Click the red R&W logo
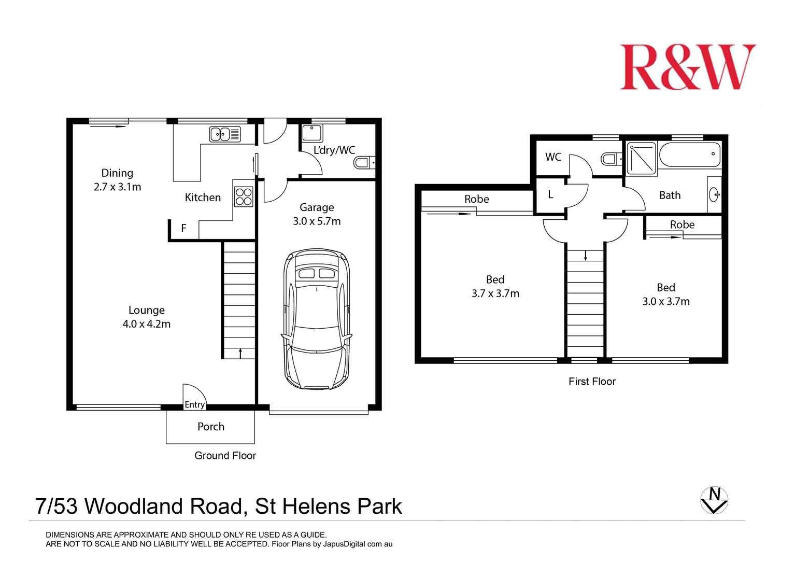[x=688, y=67]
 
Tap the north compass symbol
[x=714, y=500]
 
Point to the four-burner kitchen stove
[x=244, y=196]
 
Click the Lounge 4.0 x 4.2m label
[x=147, y=317]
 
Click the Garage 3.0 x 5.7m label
[x=317, y=214]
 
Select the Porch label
[x=211, y=427]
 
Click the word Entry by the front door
[x=195, y=404]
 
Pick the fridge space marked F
[x=183, y=228]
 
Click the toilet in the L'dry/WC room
[x=364, y=163]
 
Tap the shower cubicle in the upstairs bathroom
[x=642, y=158]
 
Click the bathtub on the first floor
[x=689, y=154]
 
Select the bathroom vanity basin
[x=714, y=195]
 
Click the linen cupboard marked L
[x=550, y=195]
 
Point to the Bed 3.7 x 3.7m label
[x=495, y=286]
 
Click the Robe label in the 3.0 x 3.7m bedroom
[x=682, y=224]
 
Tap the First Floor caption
[x=592, y=382]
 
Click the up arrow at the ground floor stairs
[x=240, y=353]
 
